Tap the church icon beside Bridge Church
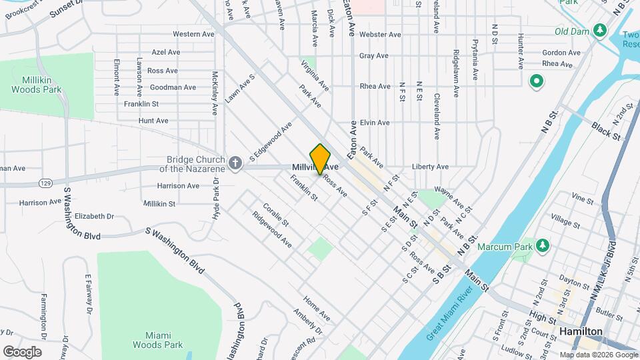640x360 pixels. (x=235, y=163)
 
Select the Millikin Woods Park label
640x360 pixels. (x=37, y=84)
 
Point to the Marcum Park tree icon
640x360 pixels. (x=543, y=245)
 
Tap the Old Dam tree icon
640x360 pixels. (x=600, y=31)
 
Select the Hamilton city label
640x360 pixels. (x=581, y=331)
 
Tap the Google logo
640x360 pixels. (x=22, y=351)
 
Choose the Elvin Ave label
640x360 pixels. (x=374, y=123)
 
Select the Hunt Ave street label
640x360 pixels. (x=153, y=121)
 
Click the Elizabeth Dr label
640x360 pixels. (x=94, y=216)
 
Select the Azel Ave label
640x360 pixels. (x=166, y=51)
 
